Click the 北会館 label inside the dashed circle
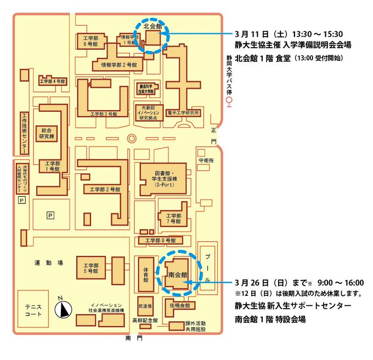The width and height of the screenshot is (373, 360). pyautogui.click(x=152, y=26)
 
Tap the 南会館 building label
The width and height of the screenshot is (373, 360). pyautogui.click(x=178, y=273)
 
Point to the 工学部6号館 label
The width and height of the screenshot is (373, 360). pyautogui.click(x=88, y=41)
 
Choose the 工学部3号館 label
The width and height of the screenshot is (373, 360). pyautogui.click(x=104, y=114)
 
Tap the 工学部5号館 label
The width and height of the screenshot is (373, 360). pyautogui.click(x=88, y=266)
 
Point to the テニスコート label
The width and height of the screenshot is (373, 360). pyautogui.click(x=33, y=310)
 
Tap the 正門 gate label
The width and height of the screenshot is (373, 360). pyautogui.click(x=214, y=136)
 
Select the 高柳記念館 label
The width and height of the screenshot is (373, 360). pyautogui.click(x=145, y=321)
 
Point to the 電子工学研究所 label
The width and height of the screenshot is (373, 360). pyautogui.click(x=184, y=113)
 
